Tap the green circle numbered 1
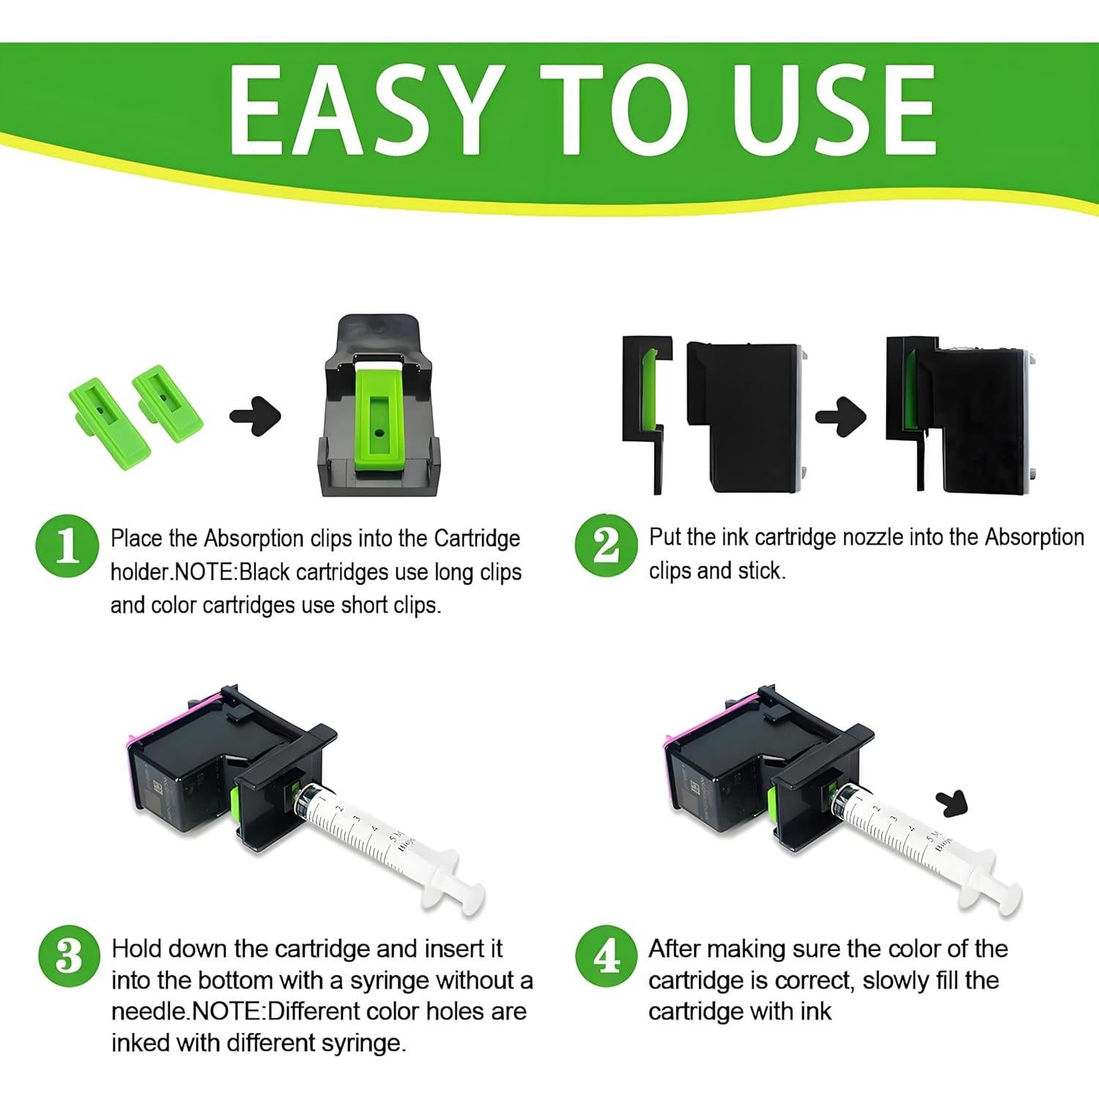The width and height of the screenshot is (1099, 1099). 67,546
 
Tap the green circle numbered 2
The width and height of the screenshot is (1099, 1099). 606,546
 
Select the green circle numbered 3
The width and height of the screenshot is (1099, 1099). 69,956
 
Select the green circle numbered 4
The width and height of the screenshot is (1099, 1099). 606,956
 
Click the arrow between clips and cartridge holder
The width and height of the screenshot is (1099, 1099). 256,416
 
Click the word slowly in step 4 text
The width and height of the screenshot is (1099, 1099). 903,980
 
